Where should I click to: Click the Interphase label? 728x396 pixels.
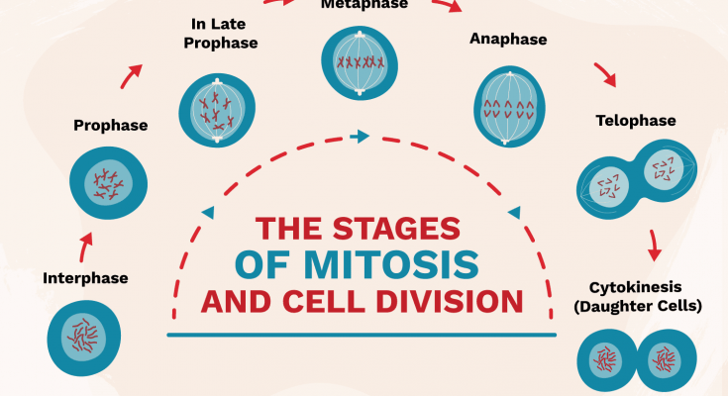(85, 278)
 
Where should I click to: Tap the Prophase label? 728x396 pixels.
(111, 126)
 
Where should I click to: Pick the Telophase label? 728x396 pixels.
(635, 121)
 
